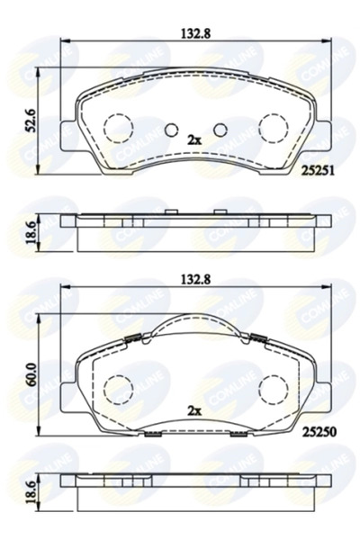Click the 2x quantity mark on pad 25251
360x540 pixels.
click(193, 140)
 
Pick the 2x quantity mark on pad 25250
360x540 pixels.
click(193, 409)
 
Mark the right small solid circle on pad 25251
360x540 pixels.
click(219, 128)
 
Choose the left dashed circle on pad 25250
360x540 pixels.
click(116, 388)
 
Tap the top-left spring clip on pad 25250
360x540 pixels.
click(133, 338)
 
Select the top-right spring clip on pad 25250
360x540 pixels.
click(256, 338)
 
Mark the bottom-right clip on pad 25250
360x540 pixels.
click(239, 435)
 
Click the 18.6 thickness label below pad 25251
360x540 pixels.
click(32, 231)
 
